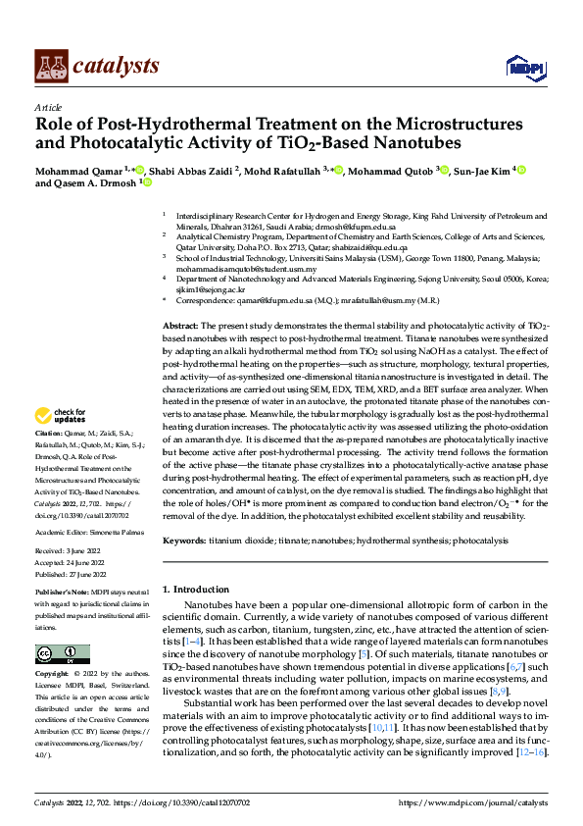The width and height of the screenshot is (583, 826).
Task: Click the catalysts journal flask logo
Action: click(51, 65)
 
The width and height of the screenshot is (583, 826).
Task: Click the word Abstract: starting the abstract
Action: click(180, 325)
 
